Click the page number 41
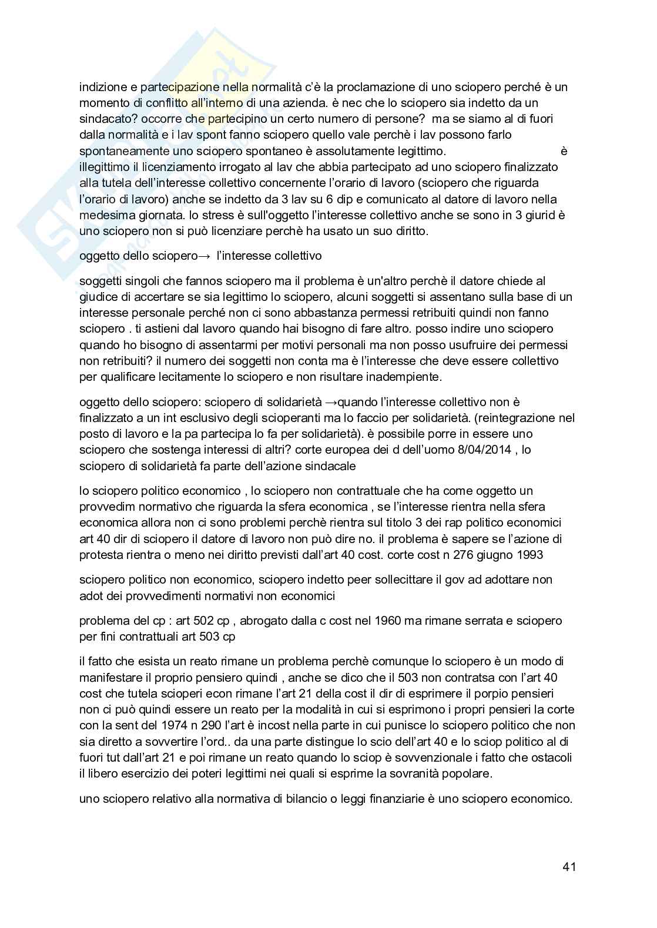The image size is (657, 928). [x=568, y=867]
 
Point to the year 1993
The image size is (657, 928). [x=528, y=554]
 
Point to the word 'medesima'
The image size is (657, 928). [x=102, y=215]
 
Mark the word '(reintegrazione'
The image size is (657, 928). [x=521, y=418]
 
